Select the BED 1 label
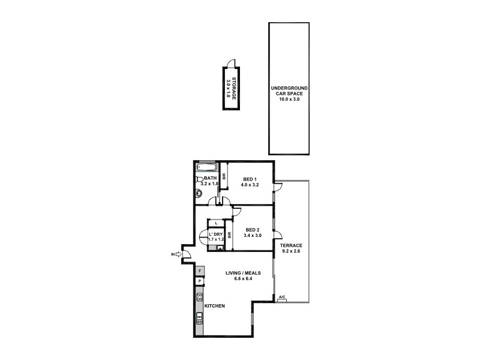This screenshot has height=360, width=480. [x=250, y=179]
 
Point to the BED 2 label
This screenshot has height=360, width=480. [x=253, y=229]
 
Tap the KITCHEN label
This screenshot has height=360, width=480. [x=215, y=306]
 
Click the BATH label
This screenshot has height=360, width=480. [x=210, y=178]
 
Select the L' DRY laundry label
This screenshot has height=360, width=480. [x=215, y=233]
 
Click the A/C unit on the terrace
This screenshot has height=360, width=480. [x=282, y=297]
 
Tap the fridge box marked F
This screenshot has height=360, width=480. [x=199, y=271]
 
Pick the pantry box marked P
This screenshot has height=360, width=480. [x=199, y=281]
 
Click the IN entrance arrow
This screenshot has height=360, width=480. [x=178, y=254]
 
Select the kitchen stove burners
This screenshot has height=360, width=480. [x=199, y=296]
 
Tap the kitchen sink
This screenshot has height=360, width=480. [x=199, y=319]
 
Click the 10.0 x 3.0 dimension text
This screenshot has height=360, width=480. [x=289, y=98]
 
